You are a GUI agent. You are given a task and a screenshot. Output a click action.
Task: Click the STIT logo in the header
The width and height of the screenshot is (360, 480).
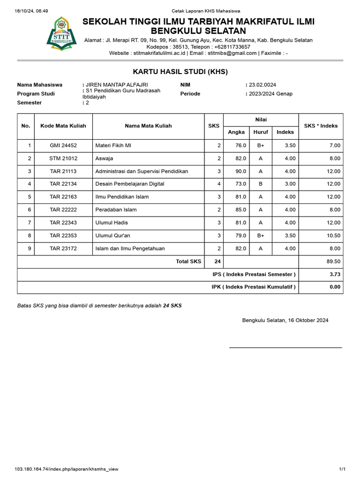(61, 34)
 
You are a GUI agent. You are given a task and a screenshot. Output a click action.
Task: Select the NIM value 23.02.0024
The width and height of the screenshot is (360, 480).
(262, 85)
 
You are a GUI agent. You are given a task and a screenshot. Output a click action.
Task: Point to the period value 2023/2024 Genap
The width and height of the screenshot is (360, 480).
(270, 94)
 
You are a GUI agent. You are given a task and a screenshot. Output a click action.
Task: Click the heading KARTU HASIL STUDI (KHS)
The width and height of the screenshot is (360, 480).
(180, 72)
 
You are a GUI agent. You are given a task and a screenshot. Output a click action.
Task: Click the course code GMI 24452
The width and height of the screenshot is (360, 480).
(63, 146)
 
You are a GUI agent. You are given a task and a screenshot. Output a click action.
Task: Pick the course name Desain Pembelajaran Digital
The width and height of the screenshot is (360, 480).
(129, 184)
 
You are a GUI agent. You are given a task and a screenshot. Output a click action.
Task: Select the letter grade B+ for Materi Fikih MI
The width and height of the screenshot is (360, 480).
(261, 146)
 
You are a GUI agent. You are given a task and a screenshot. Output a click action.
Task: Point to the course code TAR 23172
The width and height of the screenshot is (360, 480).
(63, 248)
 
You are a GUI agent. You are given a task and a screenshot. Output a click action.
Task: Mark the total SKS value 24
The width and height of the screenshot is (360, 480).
(217, 262)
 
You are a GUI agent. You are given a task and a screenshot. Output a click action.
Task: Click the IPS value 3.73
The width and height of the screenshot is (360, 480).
(335, 274)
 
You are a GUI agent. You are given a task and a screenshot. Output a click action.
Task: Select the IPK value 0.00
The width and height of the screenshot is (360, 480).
(335, 287)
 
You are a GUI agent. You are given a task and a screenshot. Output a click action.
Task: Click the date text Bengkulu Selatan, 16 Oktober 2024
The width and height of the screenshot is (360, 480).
(285, 321)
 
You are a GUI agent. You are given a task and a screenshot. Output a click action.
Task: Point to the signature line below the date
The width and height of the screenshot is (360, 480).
(285, 347)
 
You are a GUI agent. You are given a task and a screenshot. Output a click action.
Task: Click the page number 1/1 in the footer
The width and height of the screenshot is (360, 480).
(342, 469)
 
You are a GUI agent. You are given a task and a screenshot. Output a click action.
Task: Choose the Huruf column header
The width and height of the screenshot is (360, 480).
(261, 132)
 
